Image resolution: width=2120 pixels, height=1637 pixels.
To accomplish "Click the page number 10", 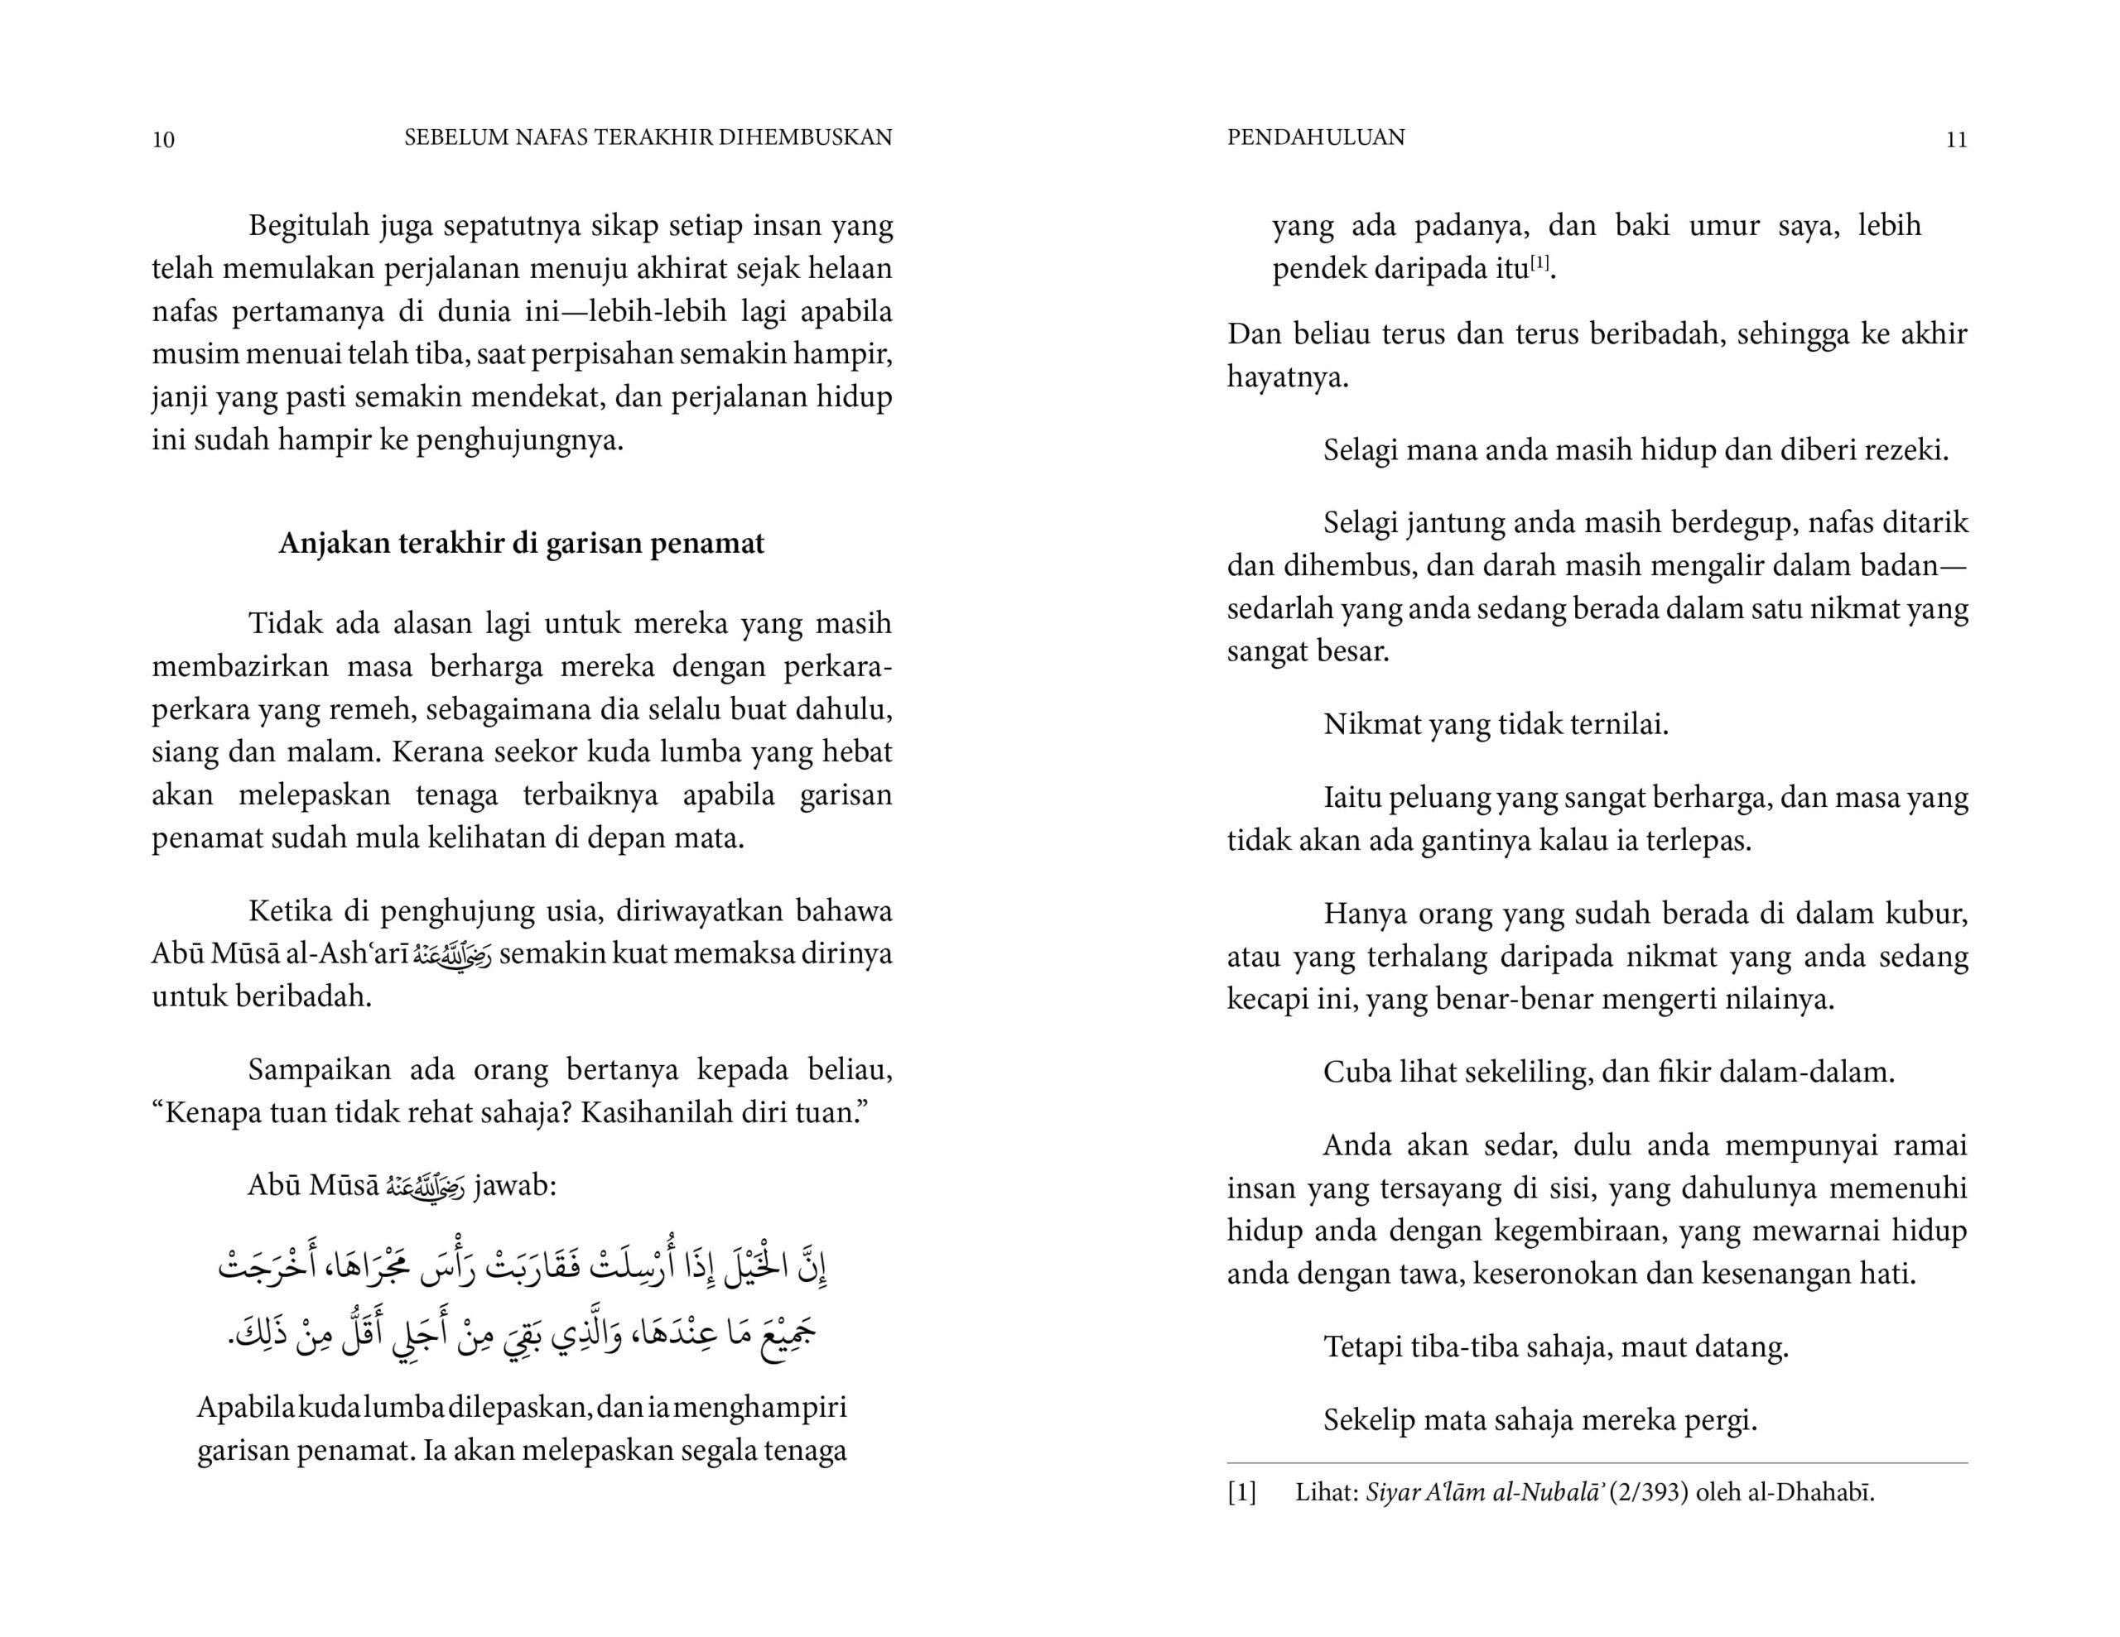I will click(x=163, y=140).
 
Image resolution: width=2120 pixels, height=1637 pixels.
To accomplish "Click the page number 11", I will click(x=1956, y=140).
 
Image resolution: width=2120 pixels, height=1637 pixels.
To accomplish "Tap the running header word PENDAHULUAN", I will click(x=1315, y=137).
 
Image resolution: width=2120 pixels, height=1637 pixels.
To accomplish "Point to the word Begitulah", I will click(x=310, y=225).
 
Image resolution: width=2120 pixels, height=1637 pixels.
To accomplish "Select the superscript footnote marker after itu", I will click(x=1540, y=262).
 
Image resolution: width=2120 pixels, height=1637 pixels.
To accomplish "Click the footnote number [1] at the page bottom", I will click(x=1241, y=1492).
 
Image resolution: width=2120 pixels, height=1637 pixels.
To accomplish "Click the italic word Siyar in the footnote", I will click(x=1392, y=1492).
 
